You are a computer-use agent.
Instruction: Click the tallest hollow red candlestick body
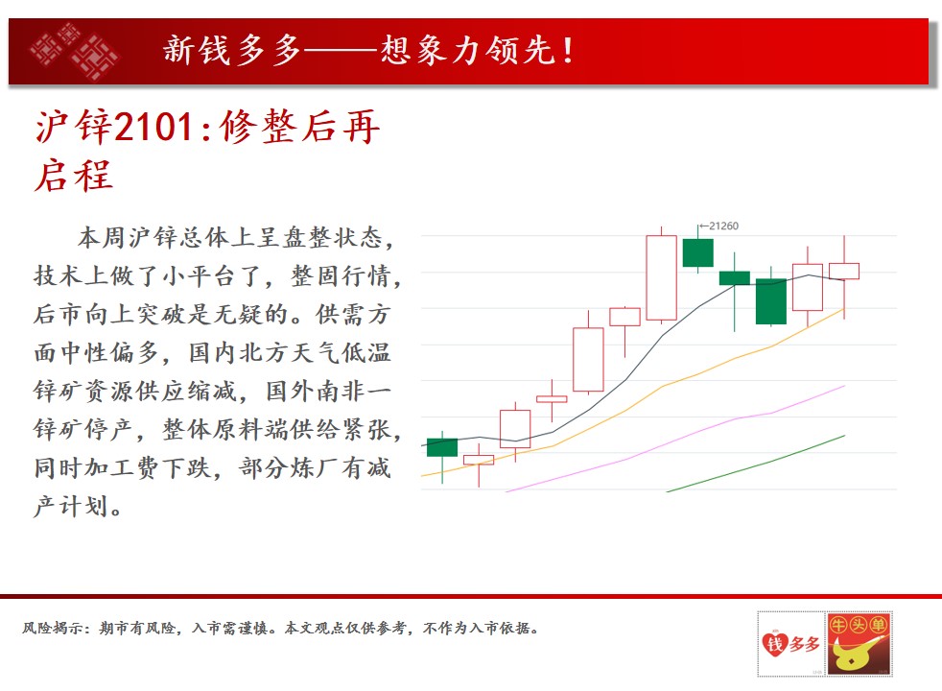click(662, 277)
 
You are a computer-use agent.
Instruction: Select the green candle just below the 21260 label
click(698, 252)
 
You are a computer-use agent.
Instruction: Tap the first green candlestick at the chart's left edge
click(442, 447)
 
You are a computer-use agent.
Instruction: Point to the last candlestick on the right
click(844, 271)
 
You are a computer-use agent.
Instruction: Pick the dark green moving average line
click(756, 464)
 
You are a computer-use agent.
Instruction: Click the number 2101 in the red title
click(153, 127)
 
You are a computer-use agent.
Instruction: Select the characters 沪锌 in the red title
click(74, 127)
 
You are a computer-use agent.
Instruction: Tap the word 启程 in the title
click(73, 176)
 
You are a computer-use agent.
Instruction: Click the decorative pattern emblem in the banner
click(75, 51)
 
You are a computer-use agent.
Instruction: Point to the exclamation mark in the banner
click(567, 51)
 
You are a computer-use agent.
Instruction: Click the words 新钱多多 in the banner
click(232, 49)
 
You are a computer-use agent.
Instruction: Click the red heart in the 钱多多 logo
click(774, 645)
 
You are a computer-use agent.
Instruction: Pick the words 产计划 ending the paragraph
click(72, 506)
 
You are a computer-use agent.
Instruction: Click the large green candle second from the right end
click(771, 301)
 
